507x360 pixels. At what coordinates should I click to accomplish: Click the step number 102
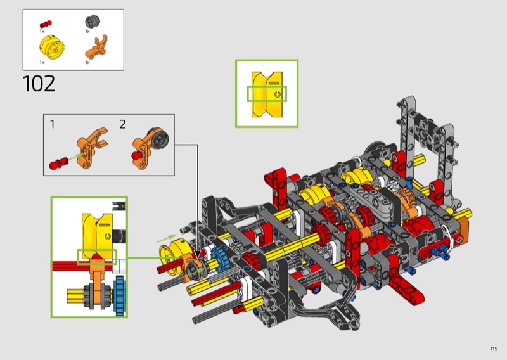coord(39,84)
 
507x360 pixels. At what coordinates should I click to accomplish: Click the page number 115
coord(494,349)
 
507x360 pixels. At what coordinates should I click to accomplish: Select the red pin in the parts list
coord(46,24)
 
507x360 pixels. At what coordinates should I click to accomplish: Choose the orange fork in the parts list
coord(96,48)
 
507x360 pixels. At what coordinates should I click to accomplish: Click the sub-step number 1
coord(53,124)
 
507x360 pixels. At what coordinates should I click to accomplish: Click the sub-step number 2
coord(122,124)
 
